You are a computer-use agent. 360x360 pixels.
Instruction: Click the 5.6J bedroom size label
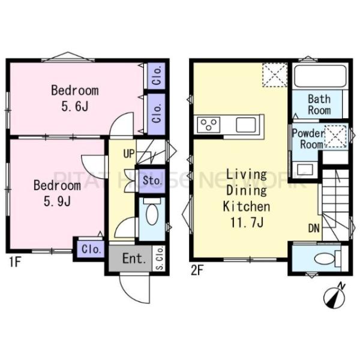[75, 107]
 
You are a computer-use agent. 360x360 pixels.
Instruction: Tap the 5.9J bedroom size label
[57, 202]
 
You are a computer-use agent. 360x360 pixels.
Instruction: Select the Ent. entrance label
[134, 259]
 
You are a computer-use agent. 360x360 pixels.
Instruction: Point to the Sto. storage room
[152, 181]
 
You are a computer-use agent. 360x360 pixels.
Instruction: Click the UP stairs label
[129, 154]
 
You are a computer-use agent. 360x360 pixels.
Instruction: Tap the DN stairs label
[314, 229]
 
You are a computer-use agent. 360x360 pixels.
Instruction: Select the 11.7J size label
[247, 223]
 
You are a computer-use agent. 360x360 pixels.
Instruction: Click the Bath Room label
[319, 104]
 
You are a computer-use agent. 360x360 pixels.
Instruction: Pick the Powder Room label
[309, 139]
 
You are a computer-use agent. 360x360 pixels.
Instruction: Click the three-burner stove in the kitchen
[208, 125]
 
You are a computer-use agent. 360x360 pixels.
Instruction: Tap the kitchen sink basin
[246, 125]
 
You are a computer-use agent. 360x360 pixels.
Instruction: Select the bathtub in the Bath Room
[320, 76]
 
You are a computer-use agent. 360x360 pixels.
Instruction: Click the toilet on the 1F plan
[152, 212]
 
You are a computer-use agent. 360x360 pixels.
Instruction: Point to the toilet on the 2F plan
[327, 259]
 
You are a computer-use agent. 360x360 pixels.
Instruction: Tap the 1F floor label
[15, 262]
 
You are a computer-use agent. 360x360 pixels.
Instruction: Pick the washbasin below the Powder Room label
[305, 170]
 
